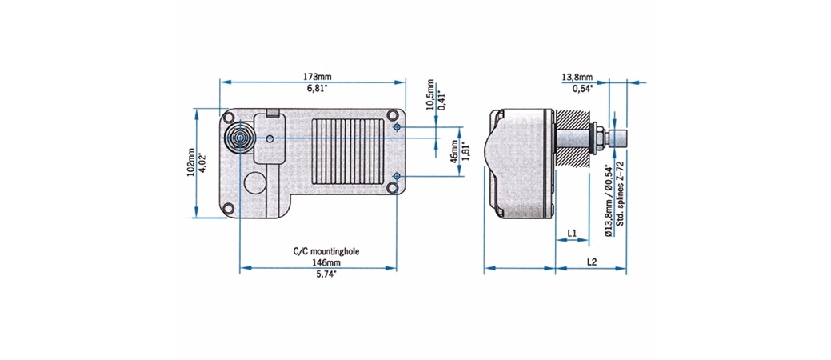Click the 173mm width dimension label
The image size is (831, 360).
point(312,77)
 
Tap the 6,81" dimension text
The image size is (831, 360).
point(312,88)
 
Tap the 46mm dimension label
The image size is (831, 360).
point(455,152)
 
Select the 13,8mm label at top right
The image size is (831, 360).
point(577,78)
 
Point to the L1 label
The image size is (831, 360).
point(572,232)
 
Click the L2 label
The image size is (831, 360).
point(591,262)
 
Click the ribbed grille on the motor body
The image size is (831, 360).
point(347,151)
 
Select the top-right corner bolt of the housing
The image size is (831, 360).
point(392,115)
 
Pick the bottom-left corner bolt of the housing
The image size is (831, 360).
point(228,208)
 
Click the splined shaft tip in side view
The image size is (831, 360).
point(618,139)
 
